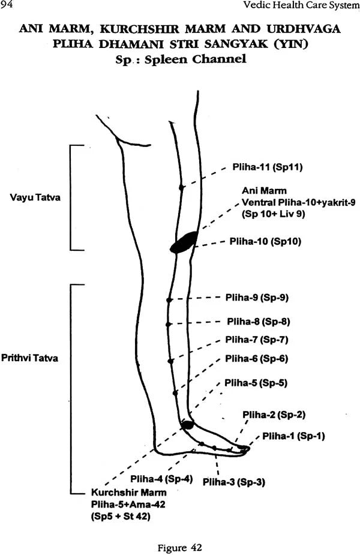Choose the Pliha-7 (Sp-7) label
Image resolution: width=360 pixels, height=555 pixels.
[x=257, y=340]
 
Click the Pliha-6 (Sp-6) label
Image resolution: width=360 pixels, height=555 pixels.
[x=256, y=359]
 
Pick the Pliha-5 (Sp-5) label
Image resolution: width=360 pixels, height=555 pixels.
[x=256, y=382]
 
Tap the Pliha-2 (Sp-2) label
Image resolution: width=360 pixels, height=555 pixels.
[x=274, y=415]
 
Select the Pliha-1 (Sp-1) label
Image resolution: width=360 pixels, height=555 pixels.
[x=291, y=436]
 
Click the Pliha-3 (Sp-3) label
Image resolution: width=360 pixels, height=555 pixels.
[x=234, y=482]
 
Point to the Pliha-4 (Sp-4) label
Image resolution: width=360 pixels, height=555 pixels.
[x=161, y=478]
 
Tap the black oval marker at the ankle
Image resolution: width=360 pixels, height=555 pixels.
[x=187, y=425]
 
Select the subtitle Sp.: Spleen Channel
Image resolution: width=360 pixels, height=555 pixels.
[x=180, y=59]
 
